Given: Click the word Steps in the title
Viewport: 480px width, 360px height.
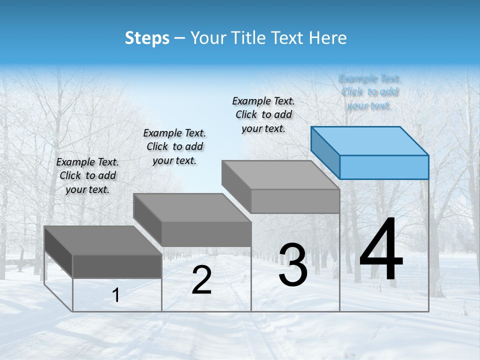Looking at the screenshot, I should point(147,38).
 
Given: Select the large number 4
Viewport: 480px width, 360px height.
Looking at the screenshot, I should point(381,250).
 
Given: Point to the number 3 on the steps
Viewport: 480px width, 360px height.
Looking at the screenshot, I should point(293,265).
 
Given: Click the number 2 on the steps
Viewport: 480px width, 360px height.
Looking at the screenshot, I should point(201,280).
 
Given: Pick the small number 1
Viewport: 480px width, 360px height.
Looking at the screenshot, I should point(116,295).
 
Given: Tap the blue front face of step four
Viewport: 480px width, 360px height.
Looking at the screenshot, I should point(384,167).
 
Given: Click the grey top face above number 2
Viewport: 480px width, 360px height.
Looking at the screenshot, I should point(192,208).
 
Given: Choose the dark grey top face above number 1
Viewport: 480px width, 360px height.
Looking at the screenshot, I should point(102,240).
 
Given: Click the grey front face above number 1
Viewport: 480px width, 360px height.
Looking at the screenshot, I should point(117,266).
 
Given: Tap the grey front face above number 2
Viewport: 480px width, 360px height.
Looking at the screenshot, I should point(206,234).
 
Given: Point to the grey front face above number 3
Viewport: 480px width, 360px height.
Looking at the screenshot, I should point(295,201).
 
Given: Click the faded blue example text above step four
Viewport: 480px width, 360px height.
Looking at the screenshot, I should point(369,92).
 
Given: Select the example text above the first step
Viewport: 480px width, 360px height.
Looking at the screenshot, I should point(87,175).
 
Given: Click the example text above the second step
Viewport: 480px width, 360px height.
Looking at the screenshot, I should point(174,146).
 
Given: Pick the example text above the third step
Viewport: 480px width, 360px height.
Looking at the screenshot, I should point(263,114).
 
